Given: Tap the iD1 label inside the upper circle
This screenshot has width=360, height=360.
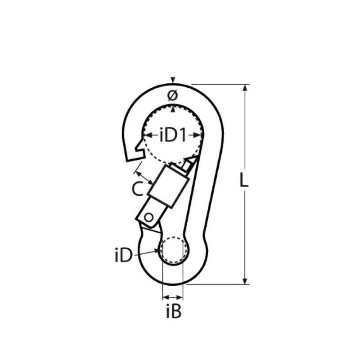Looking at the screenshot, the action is point(173,135).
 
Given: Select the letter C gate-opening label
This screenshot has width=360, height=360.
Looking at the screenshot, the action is point(138,189).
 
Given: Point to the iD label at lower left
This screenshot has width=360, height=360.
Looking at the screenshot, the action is point(124,255).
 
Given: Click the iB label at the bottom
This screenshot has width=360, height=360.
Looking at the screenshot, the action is point(174,311).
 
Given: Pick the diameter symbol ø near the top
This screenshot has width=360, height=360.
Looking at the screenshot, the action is point(173,96).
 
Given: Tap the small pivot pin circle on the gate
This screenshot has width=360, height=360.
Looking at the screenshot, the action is point(148,217).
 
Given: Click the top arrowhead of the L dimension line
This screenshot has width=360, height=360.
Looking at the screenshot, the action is point(245,87).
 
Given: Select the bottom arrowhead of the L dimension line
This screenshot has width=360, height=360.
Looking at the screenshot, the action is point(245,281).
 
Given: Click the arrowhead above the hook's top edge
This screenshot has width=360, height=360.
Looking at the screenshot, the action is point(173,80).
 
